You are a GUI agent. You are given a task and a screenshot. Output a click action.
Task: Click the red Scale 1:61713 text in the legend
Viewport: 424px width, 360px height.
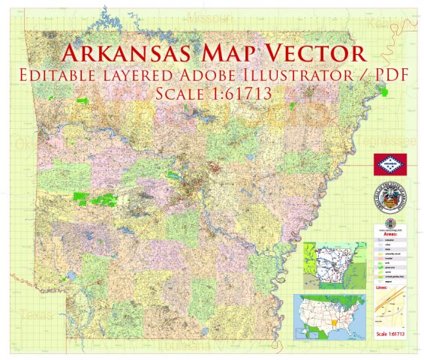[391, 333]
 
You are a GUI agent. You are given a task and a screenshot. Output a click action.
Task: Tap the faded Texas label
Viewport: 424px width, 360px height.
[35, 316]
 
